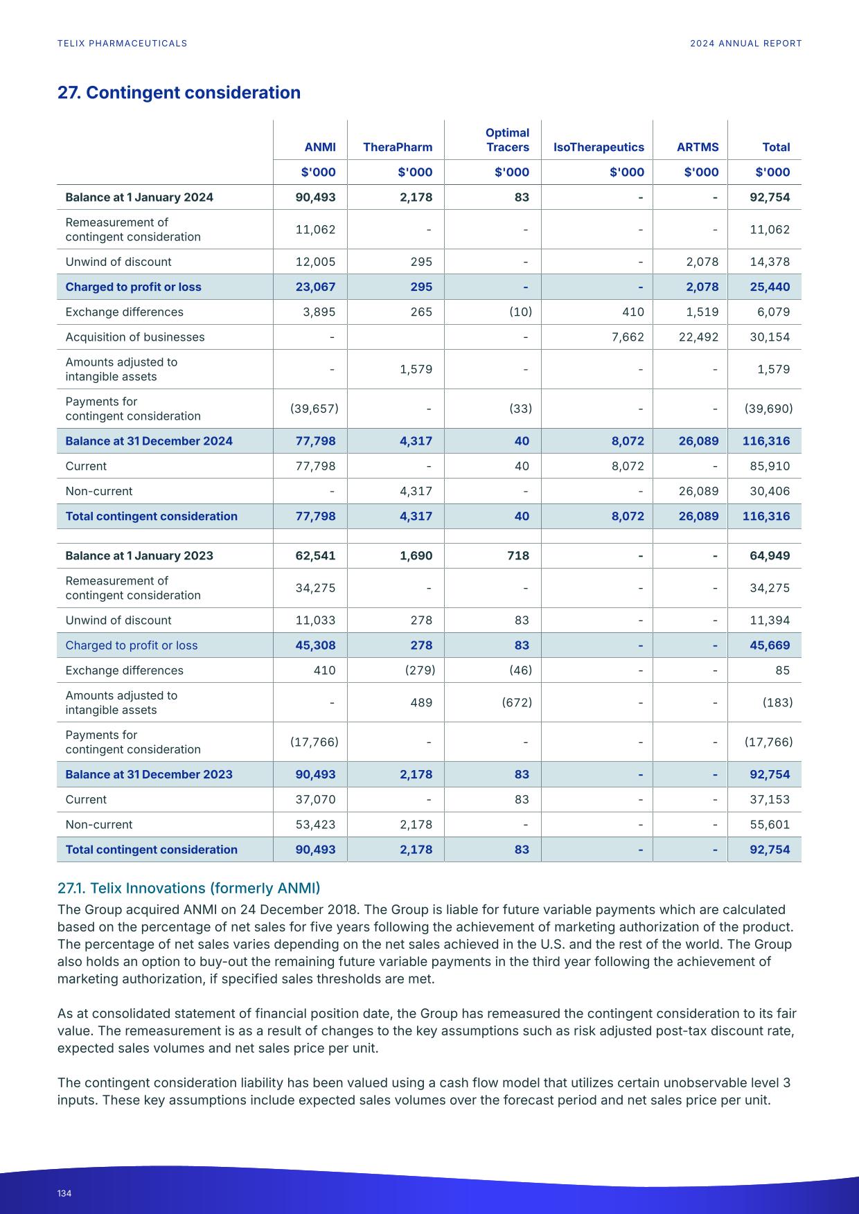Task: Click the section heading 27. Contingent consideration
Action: pos(179,93)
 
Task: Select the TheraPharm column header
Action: pos(397,147)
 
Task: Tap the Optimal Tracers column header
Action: pos(507,140)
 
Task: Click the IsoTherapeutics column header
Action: pos(599,147)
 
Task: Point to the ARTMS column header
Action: pos(698,147)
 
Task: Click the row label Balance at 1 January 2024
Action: pos(139,197)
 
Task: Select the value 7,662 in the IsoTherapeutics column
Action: pos(628,337)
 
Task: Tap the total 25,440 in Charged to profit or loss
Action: pos(770,287)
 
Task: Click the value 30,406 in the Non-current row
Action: pos(770,491)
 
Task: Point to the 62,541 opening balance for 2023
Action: pos(315,555)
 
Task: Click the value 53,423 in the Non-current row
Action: pos(315,824)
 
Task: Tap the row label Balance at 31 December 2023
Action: pos(149,774)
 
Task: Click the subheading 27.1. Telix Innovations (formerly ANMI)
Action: pos(188,888)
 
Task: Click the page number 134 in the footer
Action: pos(64,1193)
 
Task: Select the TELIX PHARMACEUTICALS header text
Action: pos(122,43)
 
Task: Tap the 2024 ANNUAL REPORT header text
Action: pos(745,43)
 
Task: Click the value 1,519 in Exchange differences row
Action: pos(702,312)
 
